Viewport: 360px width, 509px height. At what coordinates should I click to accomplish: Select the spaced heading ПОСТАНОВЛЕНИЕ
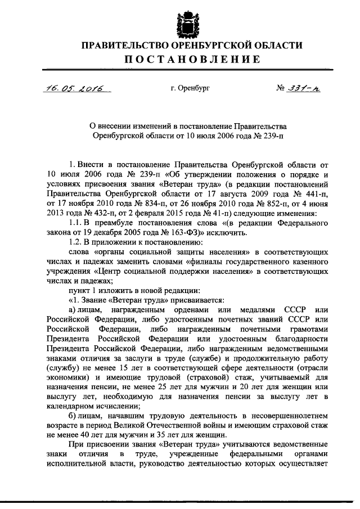coord(179,60)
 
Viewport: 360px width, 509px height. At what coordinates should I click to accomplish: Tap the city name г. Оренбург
coord(190,89)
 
